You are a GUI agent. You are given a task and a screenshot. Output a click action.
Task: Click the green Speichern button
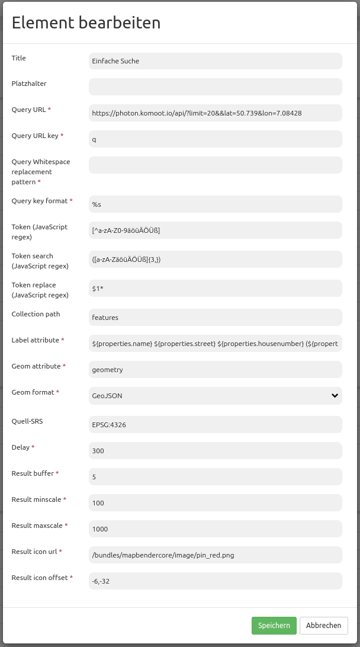(274, 625)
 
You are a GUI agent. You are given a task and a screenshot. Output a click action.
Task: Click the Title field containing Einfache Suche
(216, 60)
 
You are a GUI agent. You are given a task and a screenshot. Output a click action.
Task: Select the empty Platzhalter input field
(216, 87)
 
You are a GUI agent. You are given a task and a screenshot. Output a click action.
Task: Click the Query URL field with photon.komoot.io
(216, 113)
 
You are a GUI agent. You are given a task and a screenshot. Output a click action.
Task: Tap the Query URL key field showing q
(216, 139)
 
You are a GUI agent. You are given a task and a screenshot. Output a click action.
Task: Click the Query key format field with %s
(216, 204)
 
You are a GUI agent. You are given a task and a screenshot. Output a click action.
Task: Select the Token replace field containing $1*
(216, 288)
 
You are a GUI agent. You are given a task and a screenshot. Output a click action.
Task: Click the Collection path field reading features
(216, 317)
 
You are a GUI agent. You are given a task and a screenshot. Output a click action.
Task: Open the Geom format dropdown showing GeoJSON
(216, 395)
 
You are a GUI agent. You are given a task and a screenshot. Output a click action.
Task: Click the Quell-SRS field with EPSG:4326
(216, 424)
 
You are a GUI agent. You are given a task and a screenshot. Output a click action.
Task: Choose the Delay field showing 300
(216, 450)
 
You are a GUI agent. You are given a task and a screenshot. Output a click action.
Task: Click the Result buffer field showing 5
(216, 476)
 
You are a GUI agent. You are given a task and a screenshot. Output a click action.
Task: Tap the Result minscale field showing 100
(216, 502)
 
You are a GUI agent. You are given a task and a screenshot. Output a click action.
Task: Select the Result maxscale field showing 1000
(216, 529)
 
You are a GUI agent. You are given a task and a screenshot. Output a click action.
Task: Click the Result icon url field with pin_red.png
(216, 555)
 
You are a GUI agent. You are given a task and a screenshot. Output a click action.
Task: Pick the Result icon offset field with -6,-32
(216, 581)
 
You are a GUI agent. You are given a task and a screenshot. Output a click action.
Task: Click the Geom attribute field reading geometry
(216, 369)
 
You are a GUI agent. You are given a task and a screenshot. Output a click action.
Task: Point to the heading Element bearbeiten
(86, 23)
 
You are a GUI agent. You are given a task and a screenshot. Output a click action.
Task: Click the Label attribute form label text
(36, 340)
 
